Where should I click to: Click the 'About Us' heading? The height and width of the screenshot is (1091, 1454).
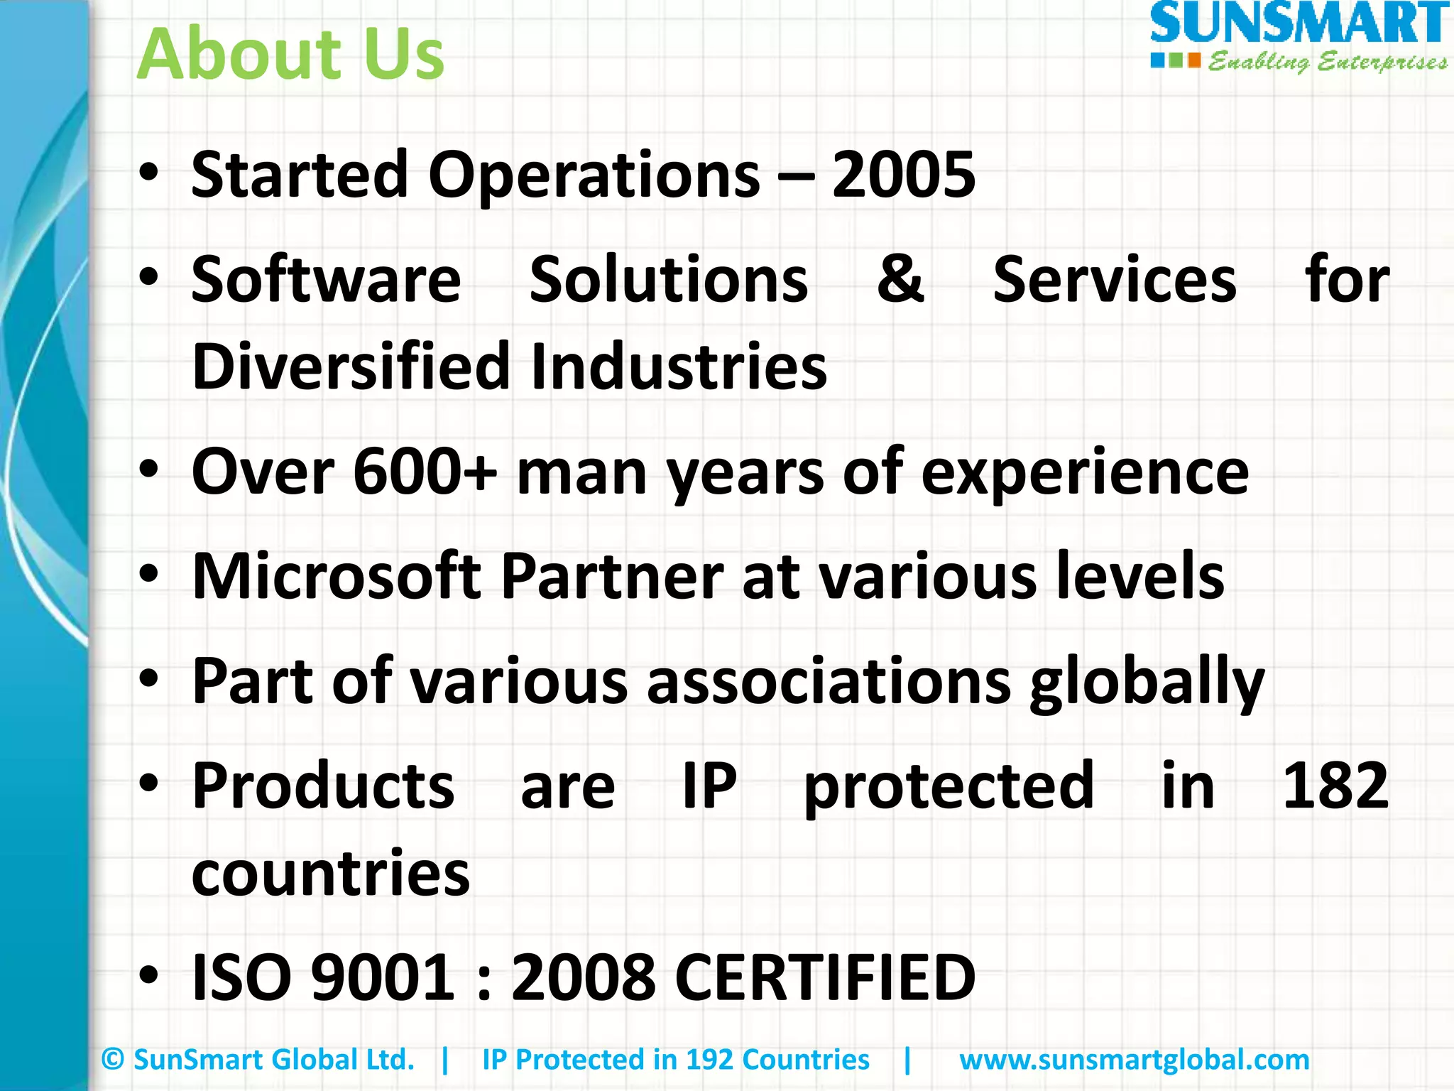(290, 54)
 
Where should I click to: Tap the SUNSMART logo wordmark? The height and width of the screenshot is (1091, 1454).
(1299, 24)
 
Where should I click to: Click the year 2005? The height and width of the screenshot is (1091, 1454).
(903, 175)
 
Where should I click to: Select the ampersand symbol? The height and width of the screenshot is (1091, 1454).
(900, 278)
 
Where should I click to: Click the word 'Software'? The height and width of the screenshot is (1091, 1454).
(326, 280)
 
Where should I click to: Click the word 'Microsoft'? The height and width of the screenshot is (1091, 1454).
(337, 576)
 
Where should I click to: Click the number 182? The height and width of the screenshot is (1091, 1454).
(1335, 786)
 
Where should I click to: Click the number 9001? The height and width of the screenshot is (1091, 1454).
(383, 977)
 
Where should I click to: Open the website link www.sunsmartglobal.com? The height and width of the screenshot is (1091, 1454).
(1134, 1060)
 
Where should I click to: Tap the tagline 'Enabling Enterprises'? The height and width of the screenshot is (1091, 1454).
(1328, 63)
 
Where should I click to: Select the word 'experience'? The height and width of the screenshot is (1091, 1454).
(1084, 473)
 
